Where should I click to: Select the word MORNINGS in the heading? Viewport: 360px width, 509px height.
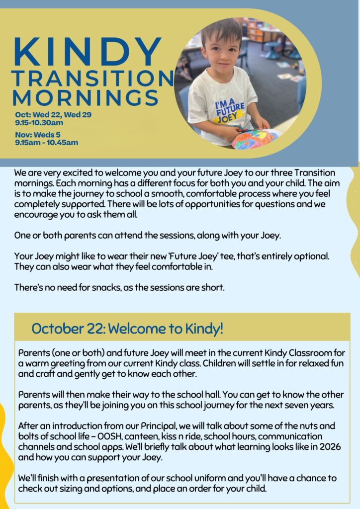click(86, 97)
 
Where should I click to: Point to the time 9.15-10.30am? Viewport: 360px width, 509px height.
click(39, 123)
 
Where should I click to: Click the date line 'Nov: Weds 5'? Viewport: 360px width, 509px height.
click(38, 134)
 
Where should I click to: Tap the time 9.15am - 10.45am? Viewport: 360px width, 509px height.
click(47, 143)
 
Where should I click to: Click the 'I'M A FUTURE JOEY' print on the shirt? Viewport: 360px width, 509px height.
click(230, 110)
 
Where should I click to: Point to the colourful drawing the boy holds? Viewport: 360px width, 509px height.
click(256, 139)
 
